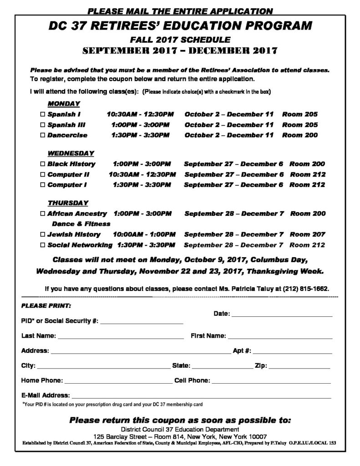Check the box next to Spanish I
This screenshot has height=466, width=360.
click(43, 115)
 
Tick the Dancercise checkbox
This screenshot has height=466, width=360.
click(43, 135)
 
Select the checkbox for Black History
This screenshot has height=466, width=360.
click(43, 164)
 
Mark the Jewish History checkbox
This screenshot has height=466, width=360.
click(43, 235)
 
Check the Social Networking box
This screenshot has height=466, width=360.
click(43, 245)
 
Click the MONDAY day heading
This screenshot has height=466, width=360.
click(64, 104)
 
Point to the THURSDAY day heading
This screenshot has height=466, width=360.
click(68, 203)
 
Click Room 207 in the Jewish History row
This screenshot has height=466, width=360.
click(307, 235)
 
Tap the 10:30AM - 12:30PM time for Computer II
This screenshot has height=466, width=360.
click(142, 175)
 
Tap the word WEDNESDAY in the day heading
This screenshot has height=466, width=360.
click(71, 153)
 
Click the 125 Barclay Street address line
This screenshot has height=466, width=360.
click(180, 436)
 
